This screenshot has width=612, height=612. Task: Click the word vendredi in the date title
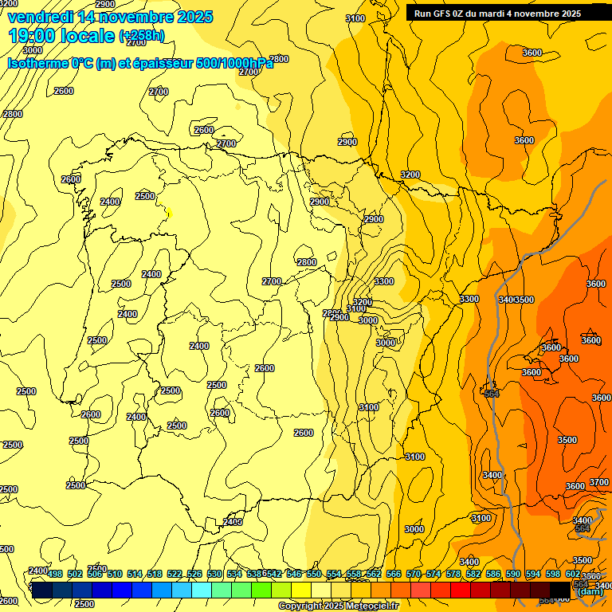pyautogui.click(x=40, y=17)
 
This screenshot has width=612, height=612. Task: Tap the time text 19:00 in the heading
pyautogui.click(x=35, y=36)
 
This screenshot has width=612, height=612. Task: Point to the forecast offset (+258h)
pyautogui.click(x=142, y=36)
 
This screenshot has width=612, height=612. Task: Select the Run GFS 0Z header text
pyautogui.click(x=451, y=14)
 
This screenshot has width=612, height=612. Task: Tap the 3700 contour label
pyautogui.click(x=598, y=482)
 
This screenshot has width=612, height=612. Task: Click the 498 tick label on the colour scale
pyautogui.click(x=54, y=574)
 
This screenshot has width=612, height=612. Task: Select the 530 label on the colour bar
pyautogui.click(x=214, y=574)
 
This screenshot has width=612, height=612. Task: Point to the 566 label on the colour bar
pyautogui.click(x=393, y=574)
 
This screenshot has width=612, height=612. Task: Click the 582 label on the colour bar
pyautogui.click(x=473, y=574)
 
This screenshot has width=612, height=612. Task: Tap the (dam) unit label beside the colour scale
pyautogui.click(x=590, y=591)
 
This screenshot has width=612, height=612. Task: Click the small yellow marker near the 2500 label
pyautogui.click(x=169, y=213)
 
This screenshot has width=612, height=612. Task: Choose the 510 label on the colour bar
pyautogui.click(x=114, y=574)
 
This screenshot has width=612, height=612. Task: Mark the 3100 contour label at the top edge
pyautogui.click(x=355, y=18)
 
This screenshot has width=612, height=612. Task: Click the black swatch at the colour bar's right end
pyautogui.click(x=559, y=590)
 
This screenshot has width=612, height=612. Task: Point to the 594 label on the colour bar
pyautogui.click(x=532, y=574)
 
